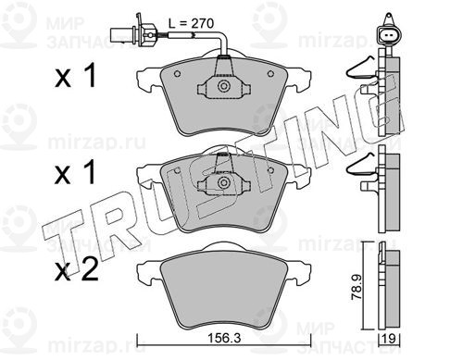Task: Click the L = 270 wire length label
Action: [x=191, y=23]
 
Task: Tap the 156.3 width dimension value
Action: [x=223, y=339]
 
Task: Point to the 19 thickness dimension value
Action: [x=390, y=339]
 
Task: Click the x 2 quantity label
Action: [x=77, y=268]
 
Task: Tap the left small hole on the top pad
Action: [x=177, y=74]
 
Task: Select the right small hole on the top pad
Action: [x=270, y=74]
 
